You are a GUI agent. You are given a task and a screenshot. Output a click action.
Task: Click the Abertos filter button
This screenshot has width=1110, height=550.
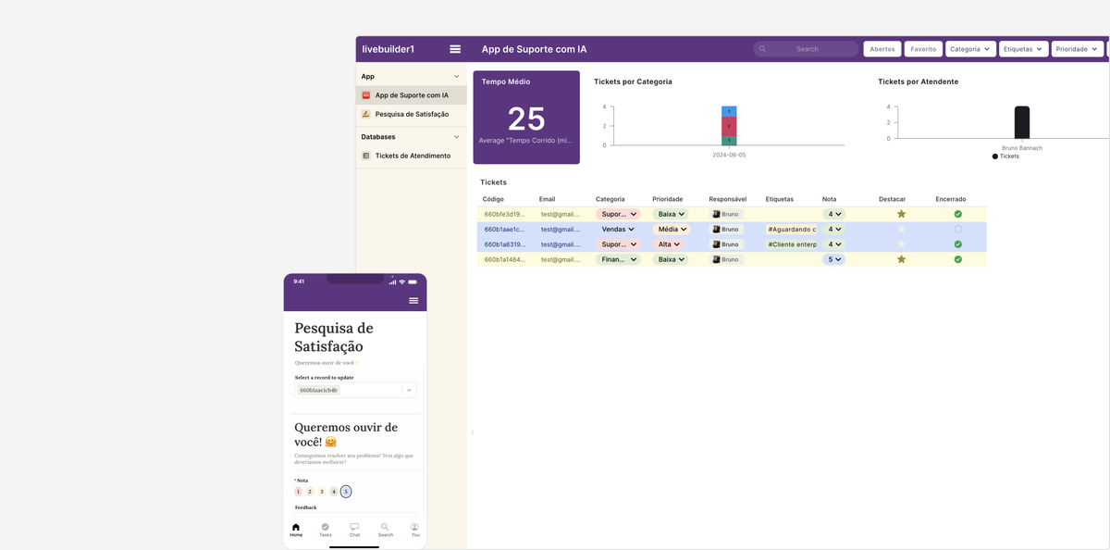click(x=882, y=49)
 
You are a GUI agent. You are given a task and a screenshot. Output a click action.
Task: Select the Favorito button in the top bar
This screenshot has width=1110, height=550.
click(x=923, y=49)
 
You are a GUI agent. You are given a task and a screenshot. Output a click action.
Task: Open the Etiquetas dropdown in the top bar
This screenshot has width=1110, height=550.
click(x=1023, y=49)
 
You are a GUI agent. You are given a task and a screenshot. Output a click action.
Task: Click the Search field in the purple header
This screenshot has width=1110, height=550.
click(x=807, y=49)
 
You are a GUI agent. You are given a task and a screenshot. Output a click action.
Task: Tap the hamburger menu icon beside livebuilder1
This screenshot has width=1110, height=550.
click(x=455, y=49)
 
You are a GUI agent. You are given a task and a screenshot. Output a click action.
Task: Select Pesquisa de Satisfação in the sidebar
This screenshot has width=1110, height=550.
click(x=412, y=114)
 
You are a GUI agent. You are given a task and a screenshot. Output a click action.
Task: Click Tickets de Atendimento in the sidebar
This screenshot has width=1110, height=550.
click(x=413, y=156)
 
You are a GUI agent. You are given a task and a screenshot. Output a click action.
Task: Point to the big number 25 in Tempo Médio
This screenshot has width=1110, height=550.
click(x=526, y=119)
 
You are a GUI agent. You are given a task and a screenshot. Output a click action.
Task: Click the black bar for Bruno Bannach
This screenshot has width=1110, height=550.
click(x=1021, y=122)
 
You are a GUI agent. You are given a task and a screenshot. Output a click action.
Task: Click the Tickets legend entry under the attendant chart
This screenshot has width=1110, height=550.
click(x=1008, y=156)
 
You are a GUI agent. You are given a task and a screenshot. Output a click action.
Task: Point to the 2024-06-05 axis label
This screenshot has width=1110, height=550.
click(x=729, y=156)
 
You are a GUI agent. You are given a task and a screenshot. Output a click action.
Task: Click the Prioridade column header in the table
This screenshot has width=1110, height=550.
click(x=668, y=199)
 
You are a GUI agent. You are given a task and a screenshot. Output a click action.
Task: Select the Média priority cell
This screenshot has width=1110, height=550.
click(x=671, y=229)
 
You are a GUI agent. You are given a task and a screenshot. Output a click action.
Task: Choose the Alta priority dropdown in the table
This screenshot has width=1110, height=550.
click(x=671, y=244)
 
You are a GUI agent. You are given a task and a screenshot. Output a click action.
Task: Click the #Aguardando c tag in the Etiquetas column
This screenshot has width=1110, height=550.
click(x=792, y=229)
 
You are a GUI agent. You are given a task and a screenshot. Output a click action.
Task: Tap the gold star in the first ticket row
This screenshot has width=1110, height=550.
click(x=901, y=214)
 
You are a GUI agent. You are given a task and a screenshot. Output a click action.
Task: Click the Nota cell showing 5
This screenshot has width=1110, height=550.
click(x=833, y=259)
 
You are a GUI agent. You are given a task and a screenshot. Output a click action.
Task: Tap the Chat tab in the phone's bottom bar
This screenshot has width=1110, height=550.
click(x=354, y=529)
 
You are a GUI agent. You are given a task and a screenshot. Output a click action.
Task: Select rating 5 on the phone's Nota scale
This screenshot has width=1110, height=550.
click(x=346, y=492)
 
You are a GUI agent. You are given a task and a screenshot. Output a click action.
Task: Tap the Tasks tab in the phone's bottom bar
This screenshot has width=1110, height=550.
click(x=326, y=529)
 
